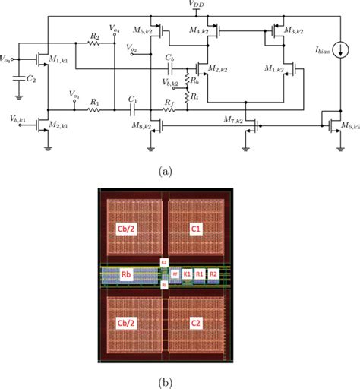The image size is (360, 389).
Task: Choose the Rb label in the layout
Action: tap(128, 274)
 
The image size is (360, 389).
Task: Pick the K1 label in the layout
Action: tap(187, 274)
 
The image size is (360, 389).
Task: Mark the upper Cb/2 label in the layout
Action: tap(128, 228)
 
